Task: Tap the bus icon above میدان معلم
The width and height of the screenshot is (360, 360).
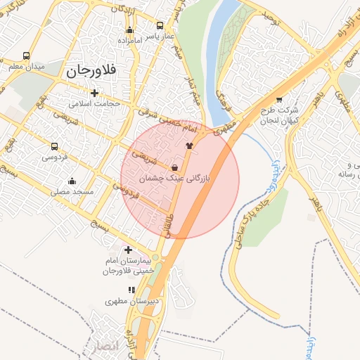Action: [27, 56]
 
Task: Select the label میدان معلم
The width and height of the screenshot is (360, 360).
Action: [27, 66]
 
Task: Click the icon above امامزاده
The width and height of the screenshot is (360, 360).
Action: [129, 30]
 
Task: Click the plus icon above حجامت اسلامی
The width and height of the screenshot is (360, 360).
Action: [95, 93]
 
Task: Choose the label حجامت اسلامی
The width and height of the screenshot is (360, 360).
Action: [95, 103]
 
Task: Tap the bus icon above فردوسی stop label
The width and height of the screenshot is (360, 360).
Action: [55, 147]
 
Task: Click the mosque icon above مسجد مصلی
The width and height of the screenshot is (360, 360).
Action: [72, 181]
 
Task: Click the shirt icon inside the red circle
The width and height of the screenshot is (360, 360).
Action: [188, 146]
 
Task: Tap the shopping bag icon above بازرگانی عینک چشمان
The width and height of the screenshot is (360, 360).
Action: [174, 167]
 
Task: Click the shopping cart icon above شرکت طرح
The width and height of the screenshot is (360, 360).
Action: [280, 100]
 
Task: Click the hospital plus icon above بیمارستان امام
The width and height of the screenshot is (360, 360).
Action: [128, 250]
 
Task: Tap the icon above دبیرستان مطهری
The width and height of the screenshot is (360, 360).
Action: [131, 290]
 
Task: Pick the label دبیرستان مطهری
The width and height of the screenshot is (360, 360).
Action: [130, 301]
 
